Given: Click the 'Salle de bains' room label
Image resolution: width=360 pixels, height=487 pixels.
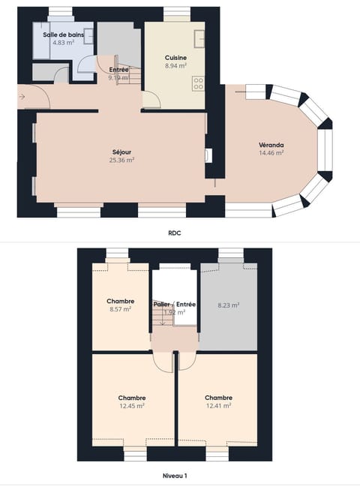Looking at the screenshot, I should coord(63,35).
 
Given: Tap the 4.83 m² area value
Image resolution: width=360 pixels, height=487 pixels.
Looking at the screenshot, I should coord(63,43).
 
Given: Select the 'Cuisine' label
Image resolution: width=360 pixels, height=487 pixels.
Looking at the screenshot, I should coord(176,58).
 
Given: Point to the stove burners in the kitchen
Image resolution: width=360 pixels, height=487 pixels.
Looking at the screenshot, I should coord(199,83).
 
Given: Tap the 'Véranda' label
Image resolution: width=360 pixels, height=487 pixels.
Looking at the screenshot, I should coord(271,145).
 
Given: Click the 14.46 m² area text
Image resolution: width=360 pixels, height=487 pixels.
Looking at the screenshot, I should coord(271,153).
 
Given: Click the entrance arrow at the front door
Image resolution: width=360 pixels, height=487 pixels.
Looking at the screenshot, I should coord(23,96).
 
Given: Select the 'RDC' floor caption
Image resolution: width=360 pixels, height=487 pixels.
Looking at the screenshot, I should coord(174,233).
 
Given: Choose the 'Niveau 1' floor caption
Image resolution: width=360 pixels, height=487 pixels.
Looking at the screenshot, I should coord(174,476).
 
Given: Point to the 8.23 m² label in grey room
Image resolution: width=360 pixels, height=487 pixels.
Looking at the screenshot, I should coord(228,305).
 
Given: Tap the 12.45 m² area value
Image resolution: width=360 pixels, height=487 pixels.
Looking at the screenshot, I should coord(131,405).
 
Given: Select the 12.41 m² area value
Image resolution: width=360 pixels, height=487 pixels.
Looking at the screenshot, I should coord(218,405).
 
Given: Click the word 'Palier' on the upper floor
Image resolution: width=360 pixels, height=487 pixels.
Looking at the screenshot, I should coord(161,304).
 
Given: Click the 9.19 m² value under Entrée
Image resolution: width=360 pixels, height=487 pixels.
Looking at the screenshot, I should coord(118,77).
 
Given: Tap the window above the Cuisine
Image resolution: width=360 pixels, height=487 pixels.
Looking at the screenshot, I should coord(176,11).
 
